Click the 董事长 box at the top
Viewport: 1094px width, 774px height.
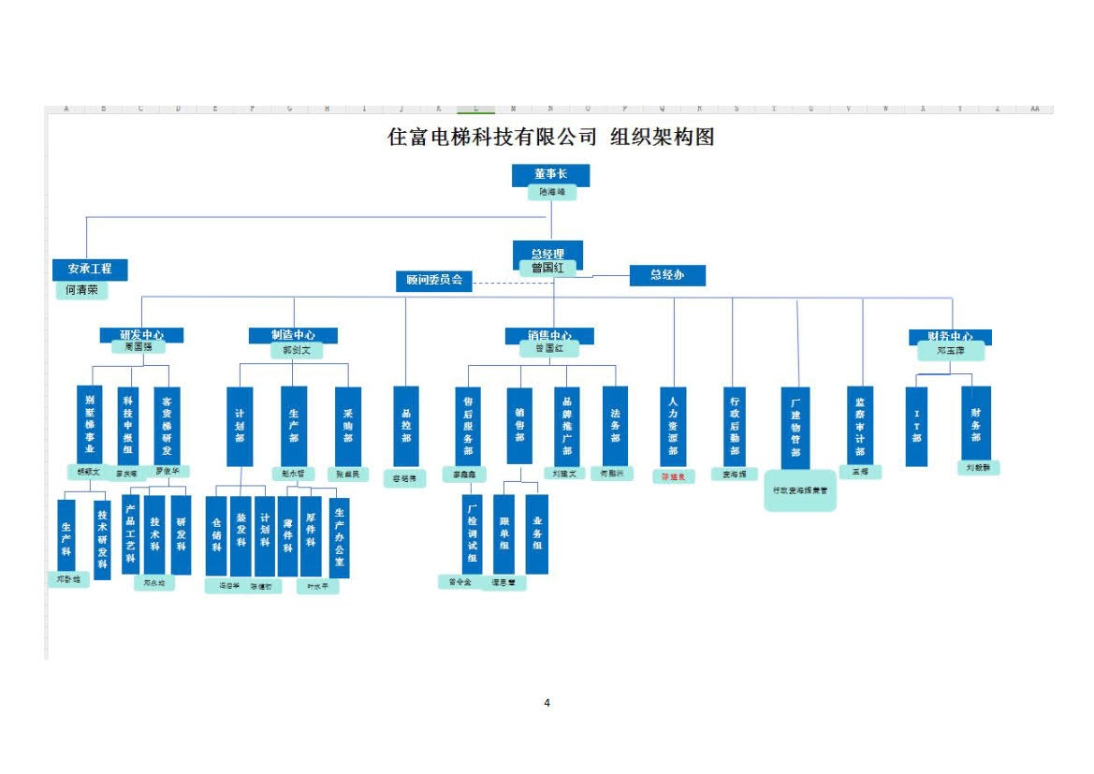click(x=550, y=174)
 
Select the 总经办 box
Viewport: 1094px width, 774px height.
click(x=666, y=275)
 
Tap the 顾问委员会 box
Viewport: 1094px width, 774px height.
click(x=434, y=280)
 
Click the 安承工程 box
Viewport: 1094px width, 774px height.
click(x=89, y=269)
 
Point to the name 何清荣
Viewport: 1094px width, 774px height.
click(x=80, y=290)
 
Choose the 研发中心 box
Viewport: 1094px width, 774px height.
click(x=141, y=334)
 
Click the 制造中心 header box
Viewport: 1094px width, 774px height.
click(x=293, y=334)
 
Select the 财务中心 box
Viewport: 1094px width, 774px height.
click(x=950, y=336)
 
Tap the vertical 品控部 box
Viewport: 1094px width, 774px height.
click(x=406, y=426)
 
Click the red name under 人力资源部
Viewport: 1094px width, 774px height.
click(x=674, y=476)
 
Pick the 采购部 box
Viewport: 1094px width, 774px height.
click(x=348, y=426)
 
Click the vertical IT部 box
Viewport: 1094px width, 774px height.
click(x=916, y=426)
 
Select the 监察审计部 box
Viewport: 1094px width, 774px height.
click(x=860, y=425)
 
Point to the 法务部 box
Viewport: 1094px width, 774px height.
click(x=615, y=426)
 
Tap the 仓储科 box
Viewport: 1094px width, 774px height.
click(x=217, y=534)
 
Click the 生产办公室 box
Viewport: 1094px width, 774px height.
click(x=339, y=536)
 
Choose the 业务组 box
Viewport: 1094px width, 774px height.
click(x=537, y=533)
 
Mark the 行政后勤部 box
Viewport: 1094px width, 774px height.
click(x=735, y=426)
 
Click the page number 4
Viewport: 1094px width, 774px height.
click(x=547, y=703)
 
